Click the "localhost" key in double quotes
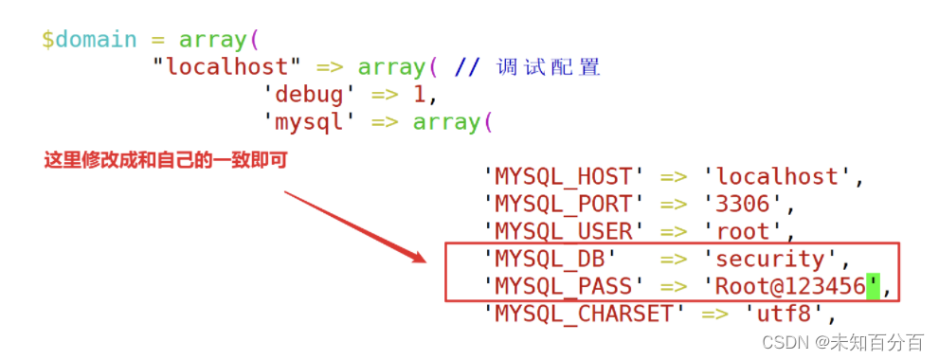point(226,67)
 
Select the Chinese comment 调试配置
point(549,67)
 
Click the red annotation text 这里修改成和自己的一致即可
point(165,160)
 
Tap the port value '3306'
point(743,204)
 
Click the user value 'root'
point(743,231)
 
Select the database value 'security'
point(770,259)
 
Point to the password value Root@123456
point(790,286)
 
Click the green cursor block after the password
point(873,286)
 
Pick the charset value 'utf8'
point(784,313)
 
